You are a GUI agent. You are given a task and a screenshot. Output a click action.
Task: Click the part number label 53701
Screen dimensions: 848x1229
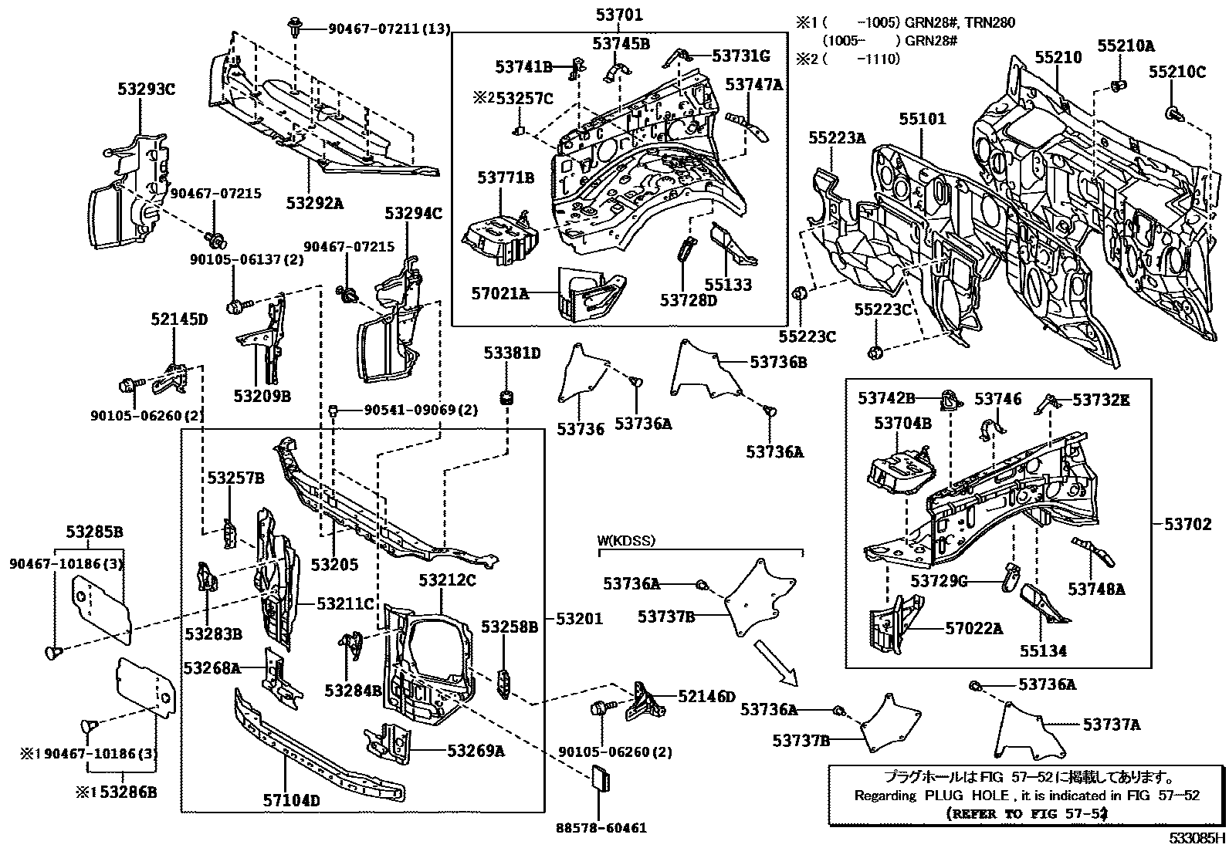tap(619, 14)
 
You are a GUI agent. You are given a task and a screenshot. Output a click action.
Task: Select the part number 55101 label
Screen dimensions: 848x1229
tap(922, 120)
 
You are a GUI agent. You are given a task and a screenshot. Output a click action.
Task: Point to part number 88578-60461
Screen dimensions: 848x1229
tap(601, 828)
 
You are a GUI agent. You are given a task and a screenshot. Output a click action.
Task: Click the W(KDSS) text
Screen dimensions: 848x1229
tap(626, 541)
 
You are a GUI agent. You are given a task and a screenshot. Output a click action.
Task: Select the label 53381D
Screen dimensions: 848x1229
tap(512, 353)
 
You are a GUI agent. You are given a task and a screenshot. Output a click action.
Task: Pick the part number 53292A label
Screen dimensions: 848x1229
tap(313, 203)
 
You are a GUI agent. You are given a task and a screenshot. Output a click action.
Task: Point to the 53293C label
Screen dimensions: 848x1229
tap(147, 89)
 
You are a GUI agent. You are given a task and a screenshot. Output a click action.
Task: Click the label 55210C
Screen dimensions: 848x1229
tap(1177, 72)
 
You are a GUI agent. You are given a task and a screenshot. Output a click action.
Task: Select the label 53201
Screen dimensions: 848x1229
tap(578, 619)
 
